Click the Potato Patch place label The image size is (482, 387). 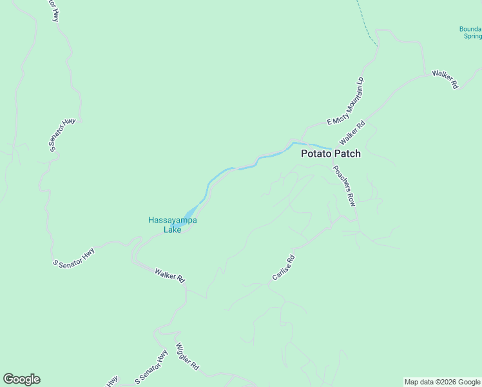331,154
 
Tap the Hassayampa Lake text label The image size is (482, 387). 173,224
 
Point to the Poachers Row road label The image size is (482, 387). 344,186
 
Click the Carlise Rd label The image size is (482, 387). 283,268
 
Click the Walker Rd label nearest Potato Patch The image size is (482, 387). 352,133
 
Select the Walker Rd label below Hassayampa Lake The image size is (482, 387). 170,275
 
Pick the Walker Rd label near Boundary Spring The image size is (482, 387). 445,79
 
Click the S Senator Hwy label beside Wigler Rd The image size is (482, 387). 151,366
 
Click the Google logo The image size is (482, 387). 21,379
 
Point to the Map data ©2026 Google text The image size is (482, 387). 443,382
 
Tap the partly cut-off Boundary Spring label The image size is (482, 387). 470,33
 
